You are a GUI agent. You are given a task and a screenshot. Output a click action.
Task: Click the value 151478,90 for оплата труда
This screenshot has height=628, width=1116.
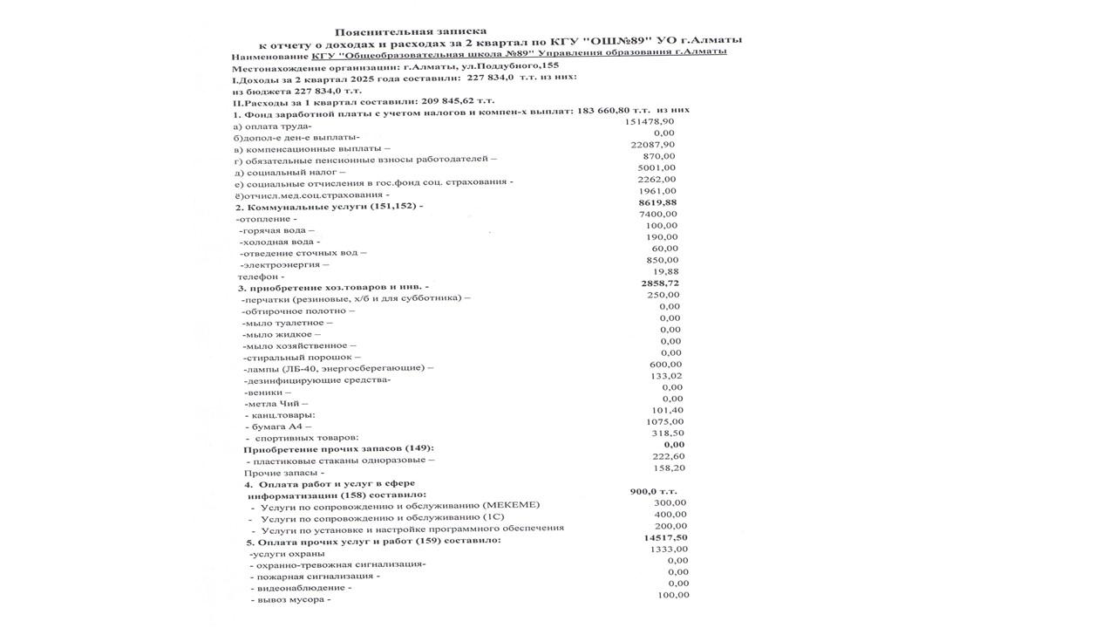point(650,121)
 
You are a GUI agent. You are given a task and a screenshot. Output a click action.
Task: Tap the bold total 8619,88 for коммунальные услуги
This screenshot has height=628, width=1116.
point(657,202)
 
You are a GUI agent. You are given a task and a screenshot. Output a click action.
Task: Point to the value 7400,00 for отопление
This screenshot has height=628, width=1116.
point(657,214)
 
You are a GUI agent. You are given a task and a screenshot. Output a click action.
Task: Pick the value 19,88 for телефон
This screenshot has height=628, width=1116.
point(664,271)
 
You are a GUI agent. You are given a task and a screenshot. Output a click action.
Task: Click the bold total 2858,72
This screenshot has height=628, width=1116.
point(659,283)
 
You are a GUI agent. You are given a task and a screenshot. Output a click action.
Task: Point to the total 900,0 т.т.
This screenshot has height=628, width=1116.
point(653,491)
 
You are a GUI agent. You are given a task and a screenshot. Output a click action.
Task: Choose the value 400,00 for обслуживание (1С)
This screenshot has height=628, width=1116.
point(670,515)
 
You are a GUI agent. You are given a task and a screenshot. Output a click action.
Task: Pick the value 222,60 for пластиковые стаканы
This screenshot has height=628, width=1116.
point(669,456)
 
